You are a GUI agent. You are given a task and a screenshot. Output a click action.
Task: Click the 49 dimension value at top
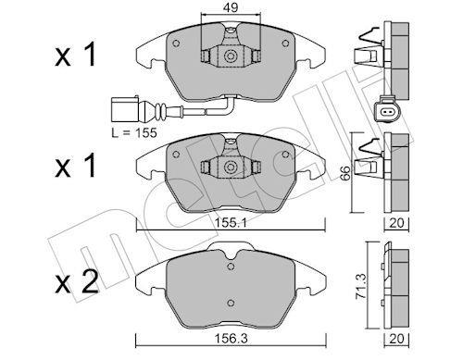(x=231, y=7)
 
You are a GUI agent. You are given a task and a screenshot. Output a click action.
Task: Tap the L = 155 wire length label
(x=134, y=133)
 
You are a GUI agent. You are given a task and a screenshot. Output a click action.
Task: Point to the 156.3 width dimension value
(x=231, y=339)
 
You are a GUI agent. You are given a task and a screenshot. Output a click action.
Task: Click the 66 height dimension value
(x=346, y=173)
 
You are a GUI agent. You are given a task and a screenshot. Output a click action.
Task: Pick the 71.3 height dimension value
(x=362, y=286)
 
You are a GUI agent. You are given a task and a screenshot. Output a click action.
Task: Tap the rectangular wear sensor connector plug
(x=125, y=110)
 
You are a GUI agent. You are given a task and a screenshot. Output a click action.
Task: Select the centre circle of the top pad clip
(x=231, y=56)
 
